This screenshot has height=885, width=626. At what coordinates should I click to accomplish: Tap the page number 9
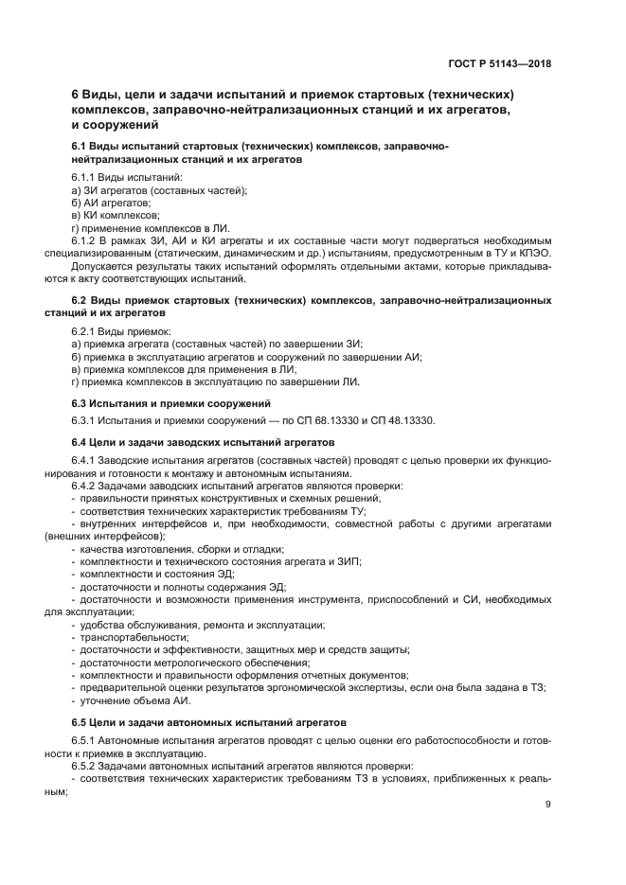tap(547, 805)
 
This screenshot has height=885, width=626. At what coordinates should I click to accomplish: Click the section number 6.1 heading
tap(82, 148)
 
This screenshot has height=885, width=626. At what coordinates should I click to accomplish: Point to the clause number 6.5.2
tap(86, 764)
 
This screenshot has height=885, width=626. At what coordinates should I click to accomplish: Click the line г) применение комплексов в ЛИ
tap(150, 228)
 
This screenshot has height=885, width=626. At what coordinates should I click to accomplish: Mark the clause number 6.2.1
tap(86, 332)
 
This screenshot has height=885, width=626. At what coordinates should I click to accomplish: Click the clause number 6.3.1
tap(86, 421)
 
